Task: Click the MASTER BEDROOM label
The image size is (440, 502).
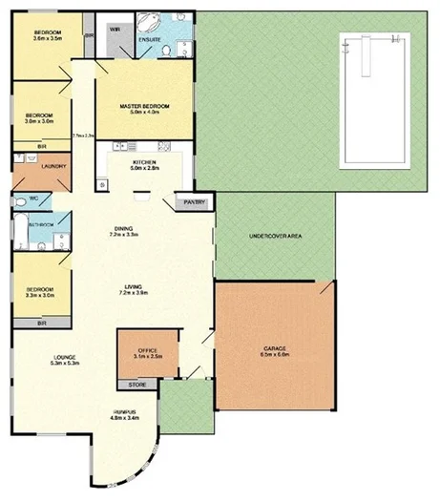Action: click(x=143, y=104)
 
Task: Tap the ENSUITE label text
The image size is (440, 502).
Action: click(x=150, y=39)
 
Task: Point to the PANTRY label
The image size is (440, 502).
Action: click(x=196, y=201)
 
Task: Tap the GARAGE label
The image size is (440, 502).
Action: click(x=275, y=348)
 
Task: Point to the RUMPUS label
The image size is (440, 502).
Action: click(x=125, y=410)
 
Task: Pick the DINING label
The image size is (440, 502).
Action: click(x=123, y=228)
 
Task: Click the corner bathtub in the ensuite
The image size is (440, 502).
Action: click(x=150, y=23)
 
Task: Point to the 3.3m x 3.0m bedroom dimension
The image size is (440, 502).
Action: click(x=39, y=296)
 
